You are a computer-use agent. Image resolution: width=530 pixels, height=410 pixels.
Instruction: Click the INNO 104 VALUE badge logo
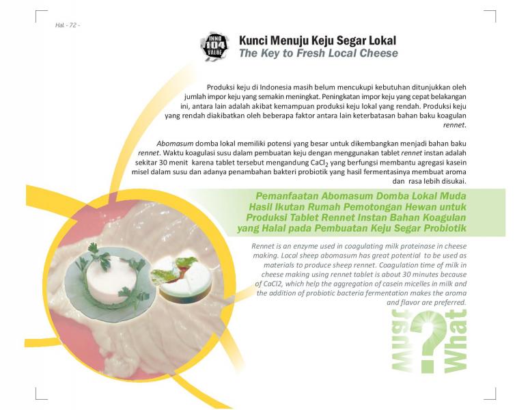tap(214, 47)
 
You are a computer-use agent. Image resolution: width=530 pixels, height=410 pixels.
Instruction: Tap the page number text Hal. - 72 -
tap(68, 25)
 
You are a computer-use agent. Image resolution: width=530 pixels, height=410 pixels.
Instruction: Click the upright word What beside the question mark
tap(456, 341)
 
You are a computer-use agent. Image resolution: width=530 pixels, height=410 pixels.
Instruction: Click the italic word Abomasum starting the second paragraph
tap(175, 143)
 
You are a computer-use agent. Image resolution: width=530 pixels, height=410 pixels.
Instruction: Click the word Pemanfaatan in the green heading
tap(287, 196)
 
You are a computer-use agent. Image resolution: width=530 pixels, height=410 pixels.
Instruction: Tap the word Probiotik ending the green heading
tap(445, 228)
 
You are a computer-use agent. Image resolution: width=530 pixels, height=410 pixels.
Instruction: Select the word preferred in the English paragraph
tap(450, 303)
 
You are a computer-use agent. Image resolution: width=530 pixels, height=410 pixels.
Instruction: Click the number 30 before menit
tap(163, 163)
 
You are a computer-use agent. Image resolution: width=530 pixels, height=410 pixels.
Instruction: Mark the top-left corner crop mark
tap(36, 11)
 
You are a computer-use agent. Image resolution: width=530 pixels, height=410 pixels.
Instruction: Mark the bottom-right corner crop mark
tap(496, 399)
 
